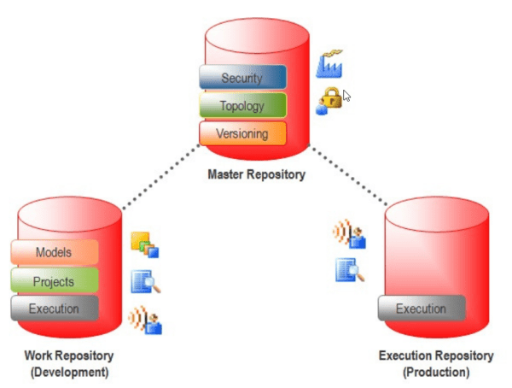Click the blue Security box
[x=242, y=78]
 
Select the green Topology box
[x=242, y=106]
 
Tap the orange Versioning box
[x=242, y=134]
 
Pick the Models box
[x=55, y=253]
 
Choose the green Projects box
[x=55, y=281]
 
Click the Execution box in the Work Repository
[x=55, y=309]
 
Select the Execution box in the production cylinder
[x=422, y=309]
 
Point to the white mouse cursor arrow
[x=346, y=95]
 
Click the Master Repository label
[x=256, y=175]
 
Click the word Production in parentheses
[x=434, y=373]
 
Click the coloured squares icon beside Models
[x=144, y=245]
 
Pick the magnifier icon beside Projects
[x=145, y=282]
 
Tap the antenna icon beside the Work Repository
[x=145, y=320]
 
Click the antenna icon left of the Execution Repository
[x=350, y=233]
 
